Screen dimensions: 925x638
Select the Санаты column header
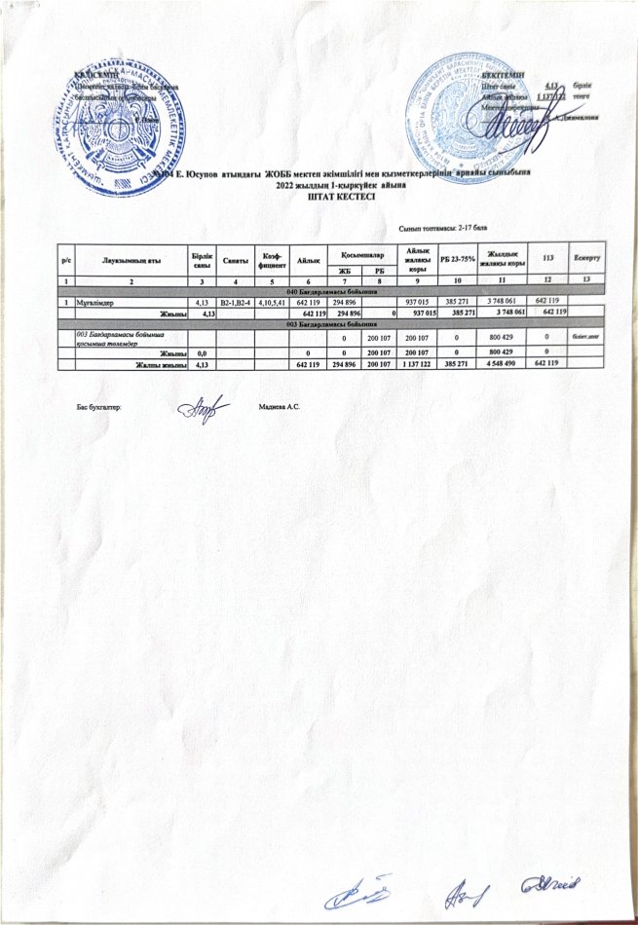click(235, 258)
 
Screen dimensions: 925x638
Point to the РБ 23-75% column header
click(458, 257)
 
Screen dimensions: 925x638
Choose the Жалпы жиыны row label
click(161, 365)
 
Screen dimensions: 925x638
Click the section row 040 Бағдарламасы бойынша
click(331, 292)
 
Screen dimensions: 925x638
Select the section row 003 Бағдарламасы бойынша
click(331, 323)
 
